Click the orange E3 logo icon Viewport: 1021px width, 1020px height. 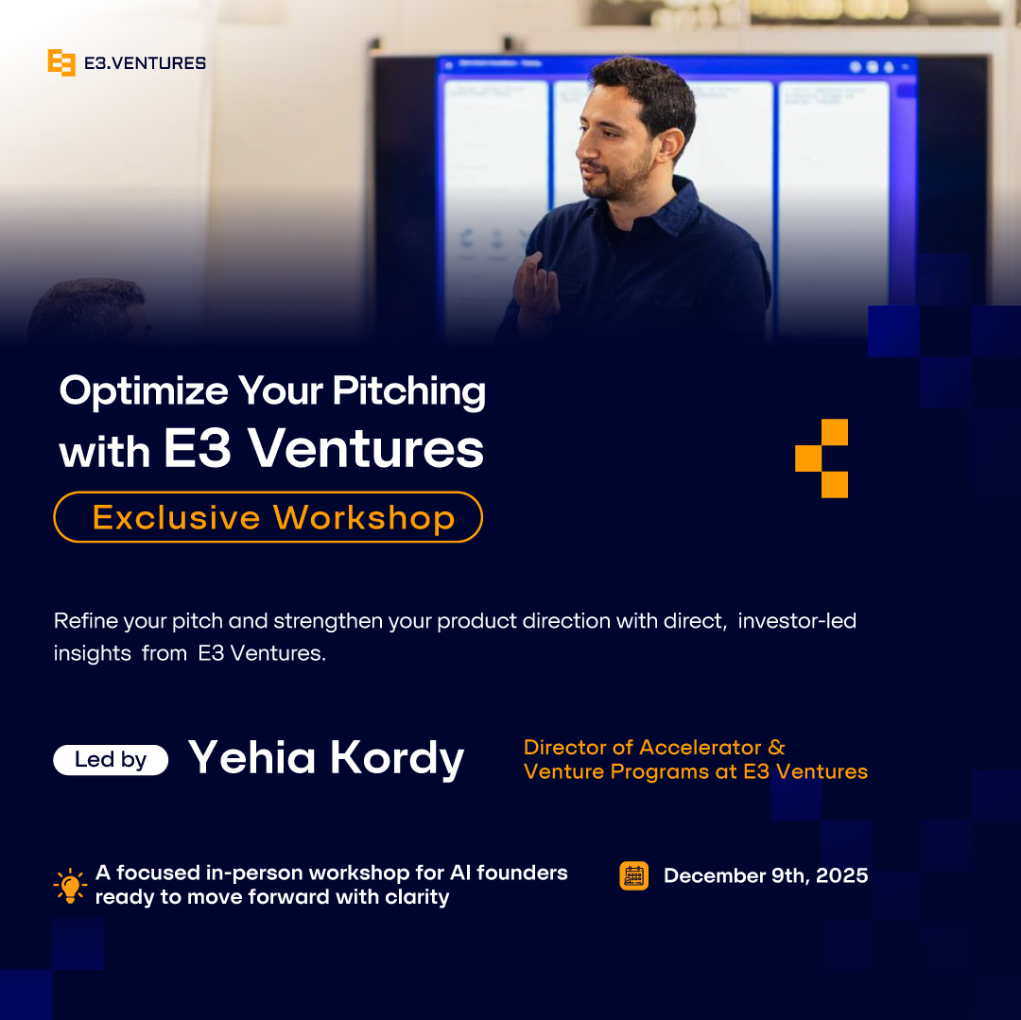pyautogui.click(x=61, y=63)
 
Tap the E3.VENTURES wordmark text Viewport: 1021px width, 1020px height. pyautogui.click(x=142, y=63)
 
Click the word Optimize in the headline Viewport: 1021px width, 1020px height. pyautogui.click(x=144, y=391)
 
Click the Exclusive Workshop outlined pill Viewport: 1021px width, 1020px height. pyautogui.click(x=268, y=517)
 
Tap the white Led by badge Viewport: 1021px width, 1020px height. pyautogui.click(x=111, y=760)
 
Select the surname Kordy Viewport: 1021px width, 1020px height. pyautogui.click(x=396, y=758)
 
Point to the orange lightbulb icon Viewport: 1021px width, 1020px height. pyautogui.click(x=70, y=885)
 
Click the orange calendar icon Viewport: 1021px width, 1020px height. pyautogui.click(x=633, y=876)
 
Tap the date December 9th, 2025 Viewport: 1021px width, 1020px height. pyautogui.click(x=765, y=876)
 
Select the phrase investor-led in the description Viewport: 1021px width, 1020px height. pyautogui.click(x=797, y=621)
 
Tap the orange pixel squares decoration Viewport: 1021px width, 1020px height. pyautogui.click(x=822, y=458)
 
